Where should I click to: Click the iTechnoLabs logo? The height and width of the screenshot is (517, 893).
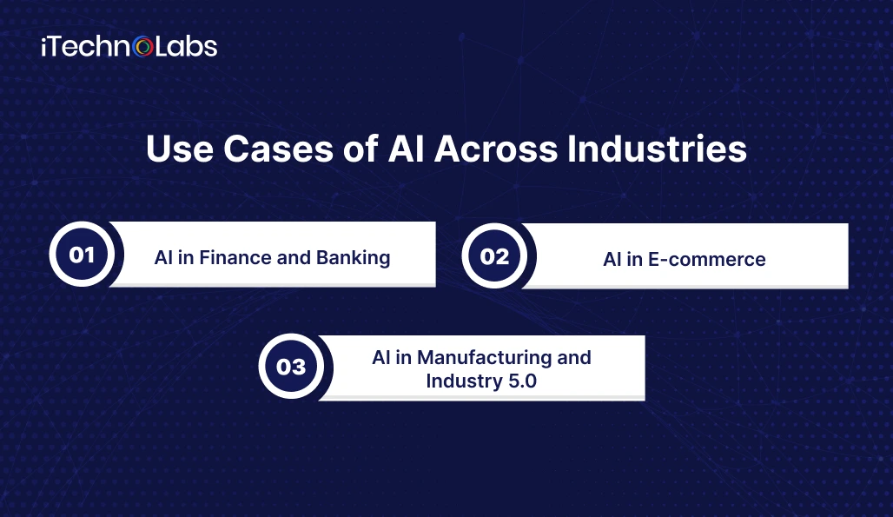tap(129, 47)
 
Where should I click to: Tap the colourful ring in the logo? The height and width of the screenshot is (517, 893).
tap(143, 47)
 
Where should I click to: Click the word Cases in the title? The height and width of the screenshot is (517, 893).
tap(278, 149)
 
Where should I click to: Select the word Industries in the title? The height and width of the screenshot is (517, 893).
tap(657, 149)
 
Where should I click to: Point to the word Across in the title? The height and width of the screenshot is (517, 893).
tap(496, 149)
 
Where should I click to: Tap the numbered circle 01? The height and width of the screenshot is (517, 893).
tap(82, 255)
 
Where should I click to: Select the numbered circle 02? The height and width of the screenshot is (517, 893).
tap(494, 256)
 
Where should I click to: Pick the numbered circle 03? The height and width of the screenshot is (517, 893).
tap(291, 366)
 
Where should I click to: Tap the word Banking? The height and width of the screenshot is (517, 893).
tap(353, 258)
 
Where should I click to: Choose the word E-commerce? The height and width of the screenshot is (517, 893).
tap(707, 260)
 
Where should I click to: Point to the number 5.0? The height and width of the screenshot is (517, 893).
tap(522, 381)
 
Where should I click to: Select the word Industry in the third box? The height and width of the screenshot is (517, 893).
tap(464, 381)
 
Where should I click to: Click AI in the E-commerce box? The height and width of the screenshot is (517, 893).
tap(612, 260)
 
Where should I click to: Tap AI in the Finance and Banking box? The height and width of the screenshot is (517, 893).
tap(163, 258)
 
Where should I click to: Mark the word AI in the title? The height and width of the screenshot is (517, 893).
tap(406, 149)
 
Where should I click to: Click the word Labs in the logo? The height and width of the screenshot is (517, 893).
tap(186, 47)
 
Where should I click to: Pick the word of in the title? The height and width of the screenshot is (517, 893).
tap(361, 149)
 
